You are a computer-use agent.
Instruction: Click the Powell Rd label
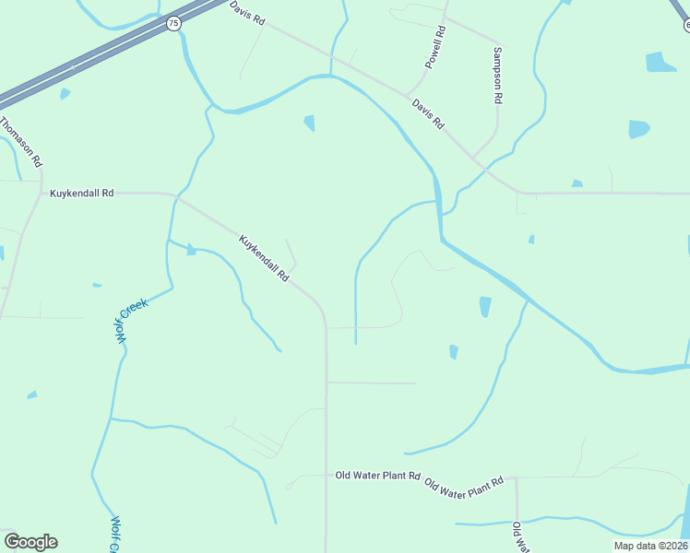click(435, 47)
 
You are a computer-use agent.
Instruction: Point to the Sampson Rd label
click(498, 76)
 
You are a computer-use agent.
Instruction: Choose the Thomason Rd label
click(21, 141)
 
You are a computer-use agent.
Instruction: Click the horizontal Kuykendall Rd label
click(81, 194)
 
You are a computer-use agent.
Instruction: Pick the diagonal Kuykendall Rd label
click(265, 258)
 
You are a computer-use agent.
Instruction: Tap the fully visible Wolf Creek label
click(131, 321)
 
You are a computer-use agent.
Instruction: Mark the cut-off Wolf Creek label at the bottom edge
click(116, 535)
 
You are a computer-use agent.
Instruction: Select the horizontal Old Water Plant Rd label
click(377, 476)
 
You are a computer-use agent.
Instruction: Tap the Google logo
click(30, 541)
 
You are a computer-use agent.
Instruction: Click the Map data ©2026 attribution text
click(650, 546)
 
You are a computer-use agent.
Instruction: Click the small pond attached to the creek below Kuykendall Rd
click(191, 249)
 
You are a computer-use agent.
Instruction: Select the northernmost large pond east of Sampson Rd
click(660, 62)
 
